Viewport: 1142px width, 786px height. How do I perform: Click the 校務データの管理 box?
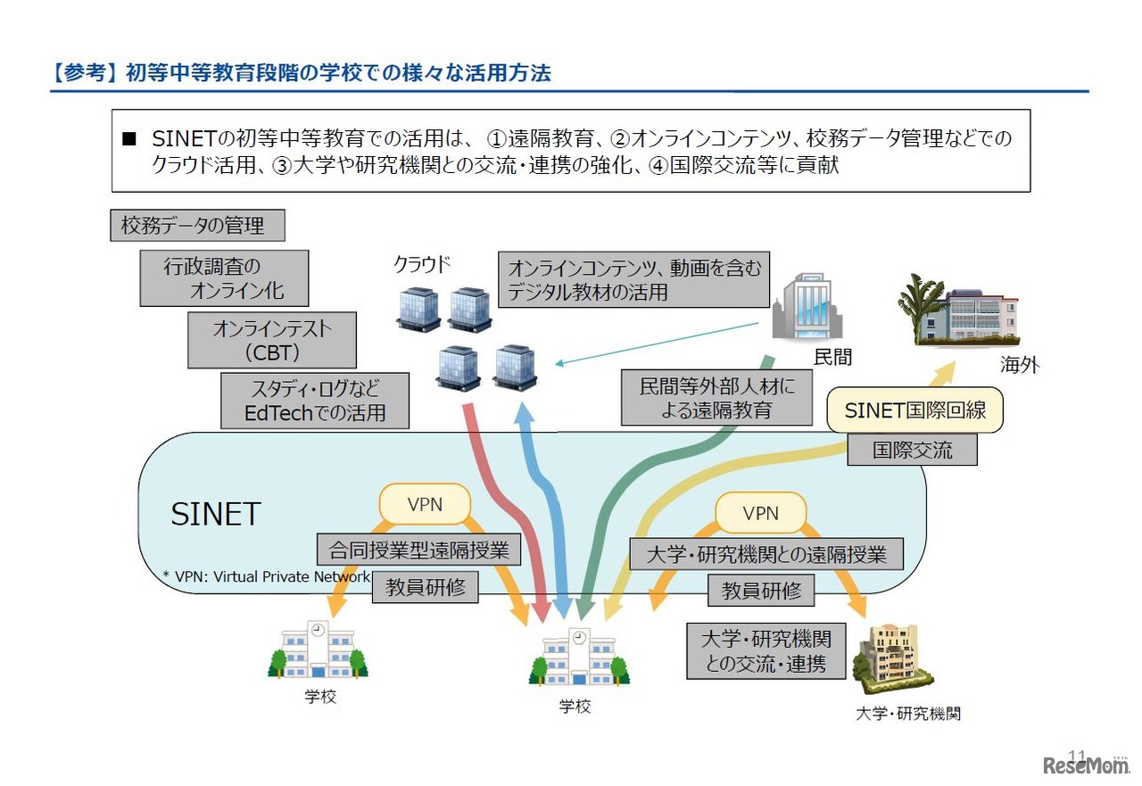[197, 226]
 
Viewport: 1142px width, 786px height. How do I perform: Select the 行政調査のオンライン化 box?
[224, 277]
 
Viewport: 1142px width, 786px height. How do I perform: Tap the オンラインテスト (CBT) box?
[272, 340]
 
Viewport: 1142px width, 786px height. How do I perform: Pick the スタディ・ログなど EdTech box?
[315, 401]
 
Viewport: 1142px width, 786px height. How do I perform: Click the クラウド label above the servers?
[422, 264]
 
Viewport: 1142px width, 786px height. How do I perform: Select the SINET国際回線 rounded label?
[914, 410]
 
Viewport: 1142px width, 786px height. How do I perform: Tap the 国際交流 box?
[912, 450]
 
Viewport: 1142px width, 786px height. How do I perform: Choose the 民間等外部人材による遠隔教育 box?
[716, 398]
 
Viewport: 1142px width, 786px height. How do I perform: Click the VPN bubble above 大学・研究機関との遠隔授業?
[760, 513]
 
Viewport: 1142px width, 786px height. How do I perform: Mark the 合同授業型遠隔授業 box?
[418, 550]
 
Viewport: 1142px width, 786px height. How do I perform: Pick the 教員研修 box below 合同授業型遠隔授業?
[425, 587]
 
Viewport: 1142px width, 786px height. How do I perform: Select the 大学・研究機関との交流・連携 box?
[766, 650]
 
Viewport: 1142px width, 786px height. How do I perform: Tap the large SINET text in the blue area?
[215, 514]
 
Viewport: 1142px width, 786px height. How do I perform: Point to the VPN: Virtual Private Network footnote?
[266, 576]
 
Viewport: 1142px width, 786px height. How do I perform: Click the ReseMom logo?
[1085, 765]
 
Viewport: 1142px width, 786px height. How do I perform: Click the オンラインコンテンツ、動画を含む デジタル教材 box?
[634, 279]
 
